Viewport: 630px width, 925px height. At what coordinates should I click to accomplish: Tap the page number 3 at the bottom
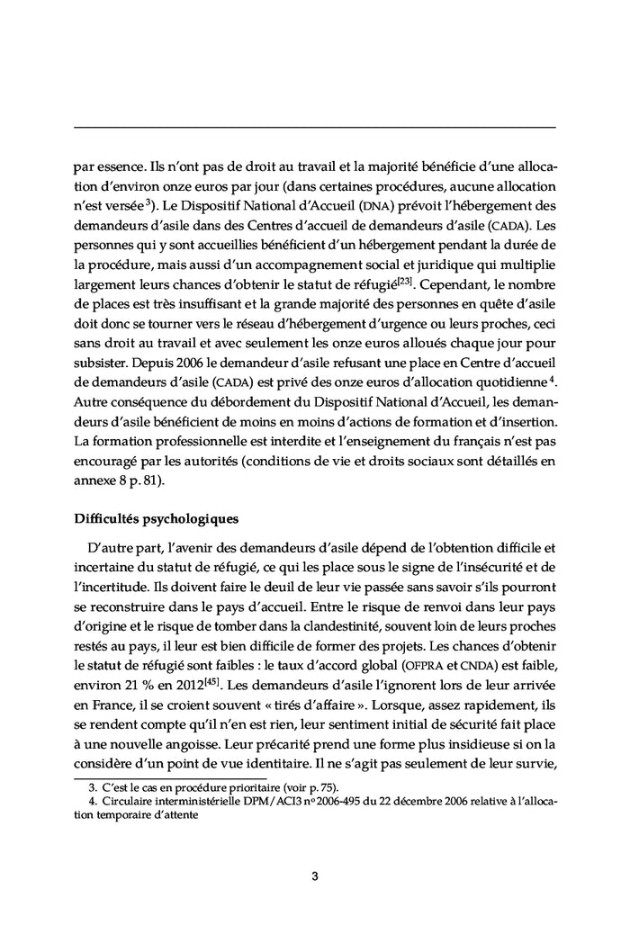click(315, 876)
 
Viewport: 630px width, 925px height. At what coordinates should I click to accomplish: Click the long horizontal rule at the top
click(315, 127)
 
